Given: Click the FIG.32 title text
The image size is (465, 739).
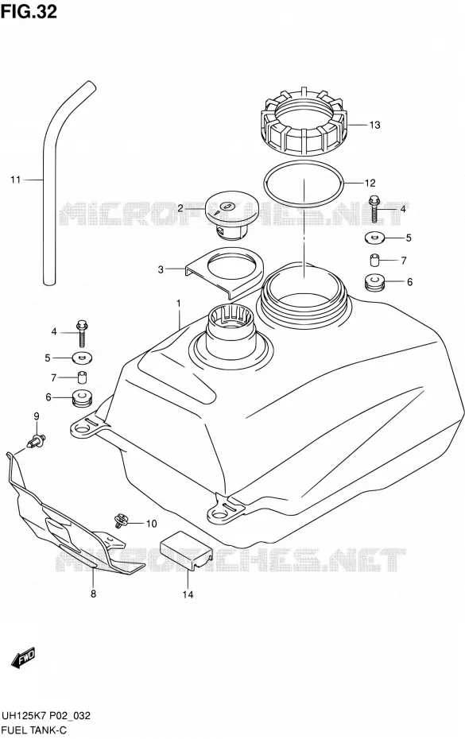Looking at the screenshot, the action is (x=29, y=12).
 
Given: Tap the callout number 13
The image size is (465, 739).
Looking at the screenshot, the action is (x=374, y=125).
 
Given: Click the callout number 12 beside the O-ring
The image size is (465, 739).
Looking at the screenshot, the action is (x=370, y=183).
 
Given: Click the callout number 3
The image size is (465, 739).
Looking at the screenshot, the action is (x=161, y=269).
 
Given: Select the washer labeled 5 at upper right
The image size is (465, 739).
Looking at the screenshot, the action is (x=374, y=238).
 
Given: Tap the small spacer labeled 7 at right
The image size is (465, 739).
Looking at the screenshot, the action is (x=375, y=260).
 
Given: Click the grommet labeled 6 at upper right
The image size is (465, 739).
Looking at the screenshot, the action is (x=375, y=283).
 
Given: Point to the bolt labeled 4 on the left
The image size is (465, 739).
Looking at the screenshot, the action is (x=83, y=333).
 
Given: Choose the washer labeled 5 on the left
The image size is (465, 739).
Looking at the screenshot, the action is (x=82, y=358).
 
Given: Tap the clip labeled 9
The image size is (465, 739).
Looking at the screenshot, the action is (x=37, y=441).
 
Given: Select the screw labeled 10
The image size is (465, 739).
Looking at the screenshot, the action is (x=121, y=520).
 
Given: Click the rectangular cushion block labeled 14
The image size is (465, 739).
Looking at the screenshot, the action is (x=185, y=551).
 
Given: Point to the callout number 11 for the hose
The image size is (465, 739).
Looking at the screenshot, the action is (x=16, y=180).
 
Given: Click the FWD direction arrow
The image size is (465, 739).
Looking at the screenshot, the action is (x=23, y=657).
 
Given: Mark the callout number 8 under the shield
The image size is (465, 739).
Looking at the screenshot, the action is (x=93, y=594).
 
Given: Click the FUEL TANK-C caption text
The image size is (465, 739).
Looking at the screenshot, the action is (x=33, y=730).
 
